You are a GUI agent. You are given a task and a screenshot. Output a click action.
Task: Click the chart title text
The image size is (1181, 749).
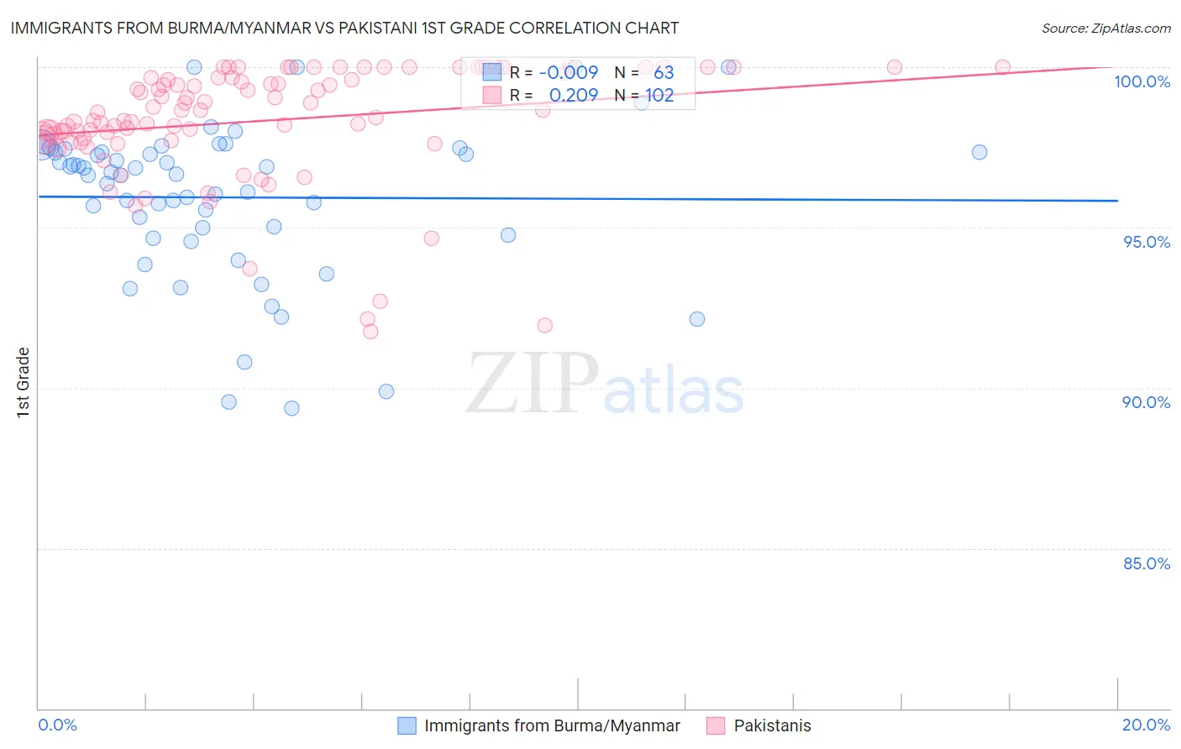[344, 28]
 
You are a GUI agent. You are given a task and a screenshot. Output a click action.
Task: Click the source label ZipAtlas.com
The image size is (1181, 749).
[1105, 29]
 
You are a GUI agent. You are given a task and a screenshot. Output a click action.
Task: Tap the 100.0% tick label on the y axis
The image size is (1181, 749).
[1142, 81]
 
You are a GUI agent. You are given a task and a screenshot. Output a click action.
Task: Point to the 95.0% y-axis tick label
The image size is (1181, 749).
[1146, 242]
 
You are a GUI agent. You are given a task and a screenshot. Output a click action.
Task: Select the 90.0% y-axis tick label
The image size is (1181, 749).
[1146, 402]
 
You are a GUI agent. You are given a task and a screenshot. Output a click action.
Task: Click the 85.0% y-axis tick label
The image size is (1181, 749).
[1146, 563]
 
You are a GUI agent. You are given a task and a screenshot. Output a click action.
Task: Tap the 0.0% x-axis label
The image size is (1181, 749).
[58, 725]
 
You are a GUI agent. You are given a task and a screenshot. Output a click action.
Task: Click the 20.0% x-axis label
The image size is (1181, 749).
[1146, 725]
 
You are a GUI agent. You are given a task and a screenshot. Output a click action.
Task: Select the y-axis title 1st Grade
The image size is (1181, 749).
[24, 382]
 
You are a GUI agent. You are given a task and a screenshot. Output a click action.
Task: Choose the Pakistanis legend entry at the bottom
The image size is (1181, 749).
[772, 725]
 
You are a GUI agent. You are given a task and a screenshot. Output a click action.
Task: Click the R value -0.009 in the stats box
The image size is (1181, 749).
[570, 72]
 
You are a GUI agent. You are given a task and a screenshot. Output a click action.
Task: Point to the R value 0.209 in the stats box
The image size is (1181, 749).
[573, 95]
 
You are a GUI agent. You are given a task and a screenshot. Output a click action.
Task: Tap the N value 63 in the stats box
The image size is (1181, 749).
[664, 72]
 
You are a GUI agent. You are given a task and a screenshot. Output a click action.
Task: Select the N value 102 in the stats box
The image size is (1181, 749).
[659, 95]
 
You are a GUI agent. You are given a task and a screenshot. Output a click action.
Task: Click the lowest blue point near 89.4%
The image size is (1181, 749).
[291, 408]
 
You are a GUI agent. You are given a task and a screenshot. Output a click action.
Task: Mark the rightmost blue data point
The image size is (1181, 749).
[979, 152]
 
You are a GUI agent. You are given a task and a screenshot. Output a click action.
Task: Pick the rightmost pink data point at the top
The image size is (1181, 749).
[1002, 67]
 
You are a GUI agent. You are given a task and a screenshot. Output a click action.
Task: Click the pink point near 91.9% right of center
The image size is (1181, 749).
[544, 325]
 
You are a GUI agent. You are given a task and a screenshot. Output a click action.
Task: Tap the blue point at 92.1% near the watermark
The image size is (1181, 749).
[696, 319]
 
